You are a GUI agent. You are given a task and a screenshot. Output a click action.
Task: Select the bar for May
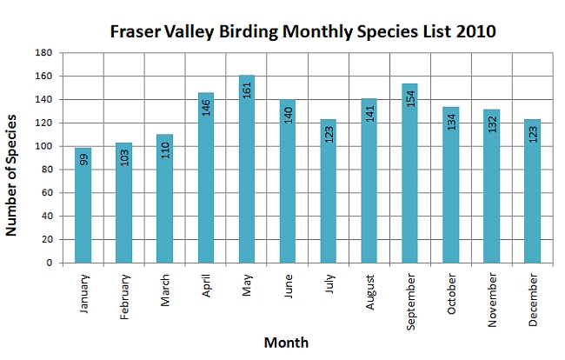pyautogui.click(x=247, y=169)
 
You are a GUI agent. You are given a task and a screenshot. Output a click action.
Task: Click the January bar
pyautogui.click(x=83, y=205)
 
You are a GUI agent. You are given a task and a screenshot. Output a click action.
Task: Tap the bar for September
pyautogui.click(x=409, y=173)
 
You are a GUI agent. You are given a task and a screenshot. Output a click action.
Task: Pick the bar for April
pyautogui.click(x=206, y=177)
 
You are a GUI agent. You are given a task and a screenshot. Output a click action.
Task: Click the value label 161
pyautogui.click(x=247, y=90)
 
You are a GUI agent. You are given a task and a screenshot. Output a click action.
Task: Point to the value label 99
pyautogui.click(x=83, y=160)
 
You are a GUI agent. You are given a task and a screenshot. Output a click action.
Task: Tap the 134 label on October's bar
pyautogui.click(x=451, y=122)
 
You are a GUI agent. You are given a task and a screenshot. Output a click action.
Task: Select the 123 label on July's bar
pyautogui.click(x=329, y=135)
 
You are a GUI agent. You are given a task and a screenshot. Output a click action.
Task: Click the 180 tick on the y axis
pyautogui.click(x=43, y=53)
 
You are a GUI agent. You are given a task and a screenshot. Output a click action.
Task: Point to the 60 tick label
pyautogui.click(x=47, y=193)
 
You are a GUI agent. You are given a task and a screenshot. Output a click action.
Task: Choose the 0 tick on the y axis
pyautogui.click(x=50, y=263)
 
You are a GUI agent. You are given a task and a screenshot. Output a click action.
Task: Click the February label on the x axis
pyautogui.click(x=124, y=297)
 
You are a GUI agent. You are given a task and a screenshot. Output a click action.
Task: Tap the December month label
pyautogui.click(x=533, y=300)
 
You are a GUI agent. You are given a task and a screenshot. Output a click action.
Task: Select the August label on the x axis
pyautogui.click(x=370, y=292)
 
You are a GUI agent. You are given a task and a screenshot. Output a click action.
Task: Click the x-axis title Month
pyautogui.click(x=287, y=343)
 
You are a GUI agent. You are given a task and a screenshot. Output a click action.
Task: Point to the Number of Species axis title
pyautogui.click(x=11, y=175)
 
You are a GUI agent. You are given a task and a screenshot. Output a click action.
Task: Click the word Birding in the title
pyautogui.click(x=249, y=31)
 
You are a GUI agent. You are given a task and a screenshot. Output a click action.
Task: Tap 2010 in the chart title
pyautogui.click(x=475, y=31)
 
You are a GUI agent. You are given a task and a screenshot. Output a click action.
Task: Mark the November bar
pyautogui.click(x=491, y=186)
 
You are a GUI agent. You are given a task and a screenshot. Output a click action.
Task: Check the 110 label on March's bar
pyautogui.click(x=165, y=150)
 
